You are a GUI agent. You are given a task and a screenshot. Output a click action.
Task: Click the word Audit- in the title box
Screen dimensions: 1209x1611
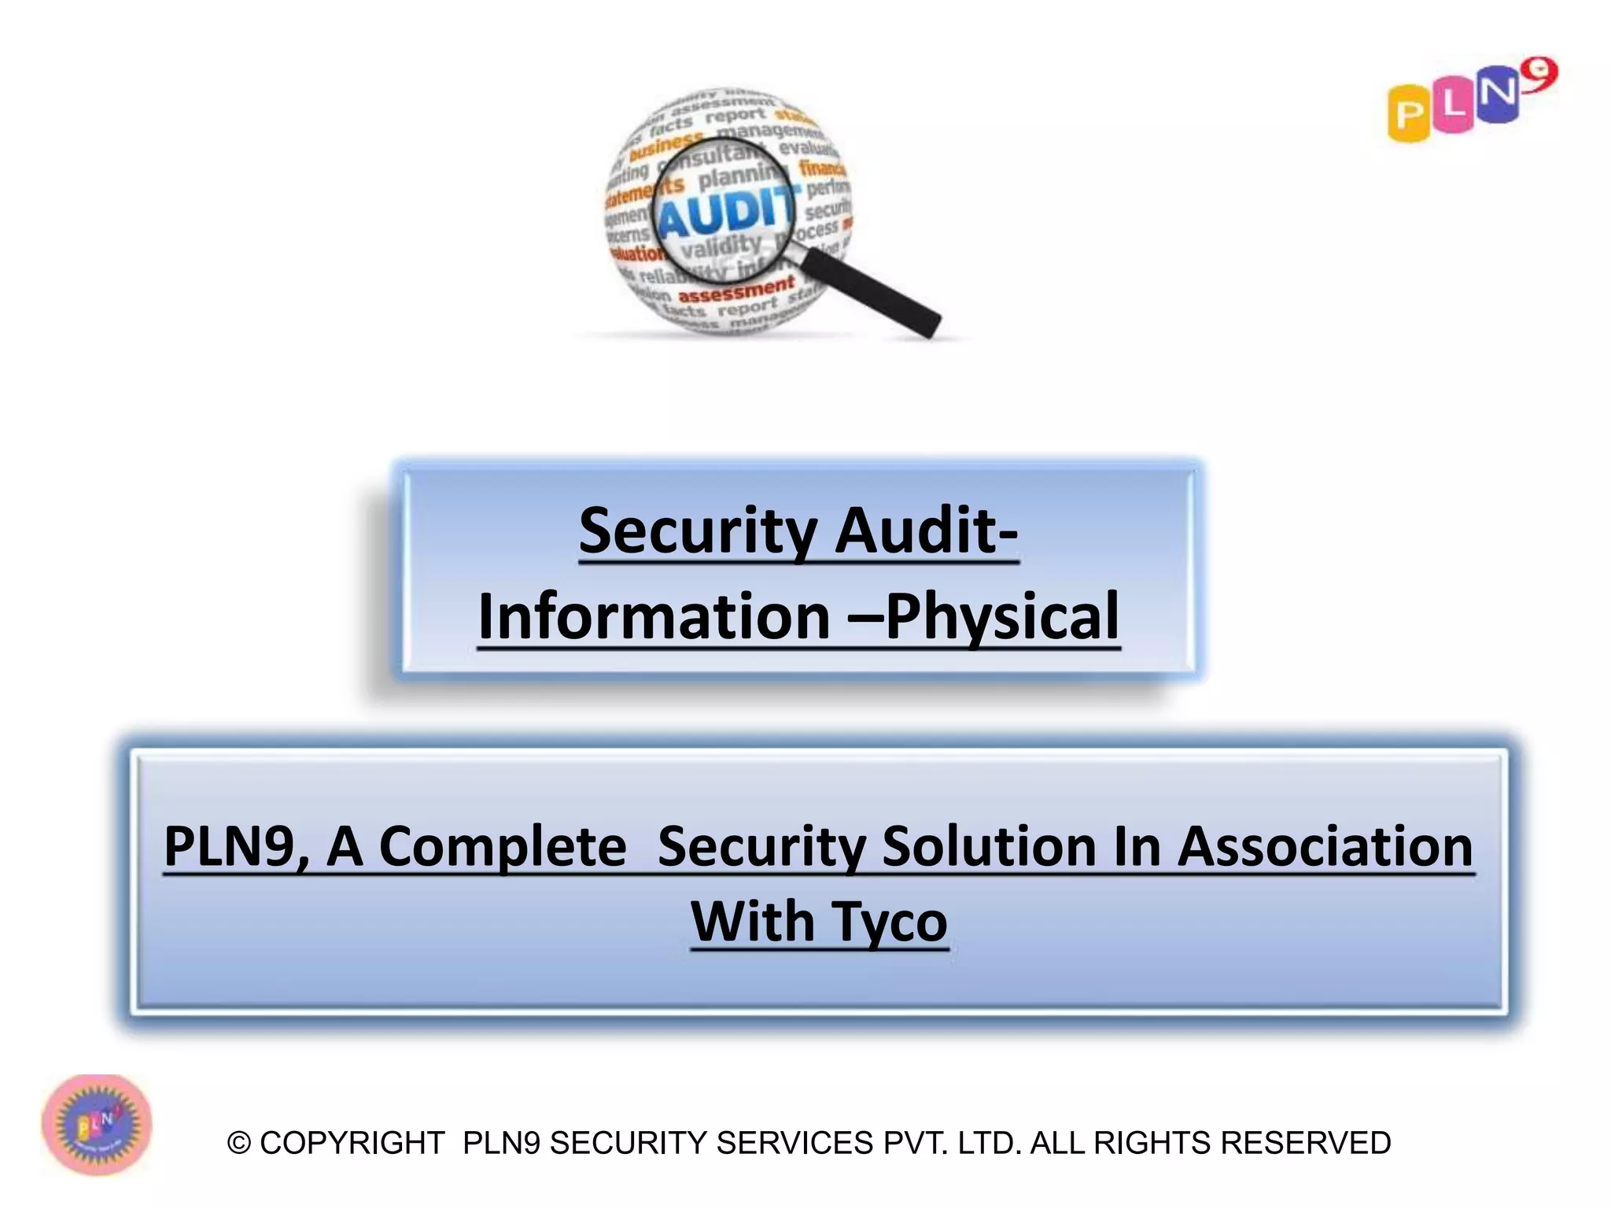927,531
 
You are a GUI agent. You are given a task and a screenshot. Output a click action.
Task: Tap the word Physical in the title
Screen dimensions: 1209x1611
1002,617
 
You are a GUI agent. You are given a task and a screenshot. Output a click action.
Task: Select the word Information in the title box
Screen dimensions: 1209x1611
654,617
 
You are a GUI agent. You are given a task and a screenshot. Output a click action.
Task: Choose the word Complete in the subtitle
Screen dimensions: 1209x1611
503,847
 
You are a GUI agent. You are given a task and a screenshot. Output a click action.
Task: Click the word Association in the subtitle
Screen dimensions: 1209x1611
1325,847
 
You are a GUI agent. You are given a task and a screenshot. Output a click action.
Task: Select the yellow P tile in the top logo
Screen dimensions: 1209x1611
1409,115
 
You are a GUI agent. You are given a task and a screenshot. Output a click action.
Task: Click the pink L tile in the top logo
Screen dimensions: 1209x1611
1452,107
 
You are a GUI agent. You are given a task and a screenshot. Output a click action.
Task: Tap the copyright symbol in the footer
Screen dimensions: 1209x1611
239,1144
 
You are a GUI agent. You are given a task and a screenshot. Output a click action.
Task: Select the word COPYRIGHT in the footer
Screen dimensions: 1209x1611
352,1144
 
